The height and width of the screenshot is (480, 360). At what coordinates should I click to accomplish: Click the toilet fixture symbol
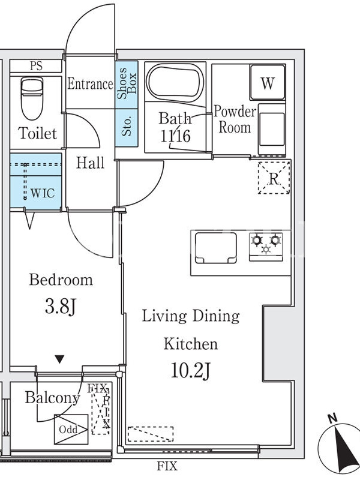coord(32,98)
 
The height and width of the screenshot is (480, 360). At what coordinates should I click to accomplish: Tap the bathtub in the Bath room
coord(175,83)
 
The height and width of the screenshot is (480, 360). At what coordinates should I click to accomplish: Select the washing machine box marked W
coord(268,82)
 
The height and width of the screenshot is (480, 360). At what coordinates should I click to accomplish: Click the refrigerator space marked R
coord(274,178)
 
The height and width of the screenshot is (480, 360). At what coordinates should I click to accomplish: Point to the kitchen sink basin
coord(216,248)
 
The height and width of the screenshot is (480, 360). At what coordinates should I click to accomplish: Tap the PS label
coord(36,66)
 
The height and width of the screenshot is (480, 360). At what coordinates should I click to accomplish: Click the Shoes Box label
coord(127,83)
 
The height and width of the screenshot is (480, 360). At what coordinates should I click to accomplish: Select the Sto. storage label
coord(127,126)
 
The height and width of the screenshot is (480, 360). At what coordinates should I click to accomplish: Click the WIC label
coord(43,193)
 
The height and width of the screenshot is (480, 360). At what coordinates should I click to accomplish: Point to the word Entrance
coord(91,84)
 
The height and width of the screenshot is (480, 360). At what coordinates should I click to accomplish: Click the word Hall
coord(91,163)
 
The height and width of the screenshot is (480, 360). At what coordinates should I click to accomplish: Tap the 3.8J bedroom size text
coord(61,307)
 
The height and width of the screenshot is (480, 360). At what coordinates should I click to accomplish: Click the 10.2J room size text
coord(190,371)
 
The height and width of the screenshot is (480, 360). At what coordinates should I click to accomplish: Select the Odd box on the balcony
coord(71,430)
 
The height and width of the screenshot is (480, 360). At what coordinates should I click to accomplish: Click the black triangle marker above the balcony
coord(59,359)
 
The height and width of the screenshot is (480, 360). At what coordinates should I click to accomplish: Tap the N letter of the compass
coord(332,418)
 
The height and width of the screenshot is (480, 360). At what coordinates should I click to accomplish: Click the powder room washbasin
coord(272,129)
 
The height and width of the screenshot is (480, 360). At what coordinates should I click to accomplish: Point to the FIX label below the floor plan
coord(167,466)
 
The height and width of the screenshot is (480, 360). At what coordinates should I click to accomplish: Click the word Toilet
coord(37,133)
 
